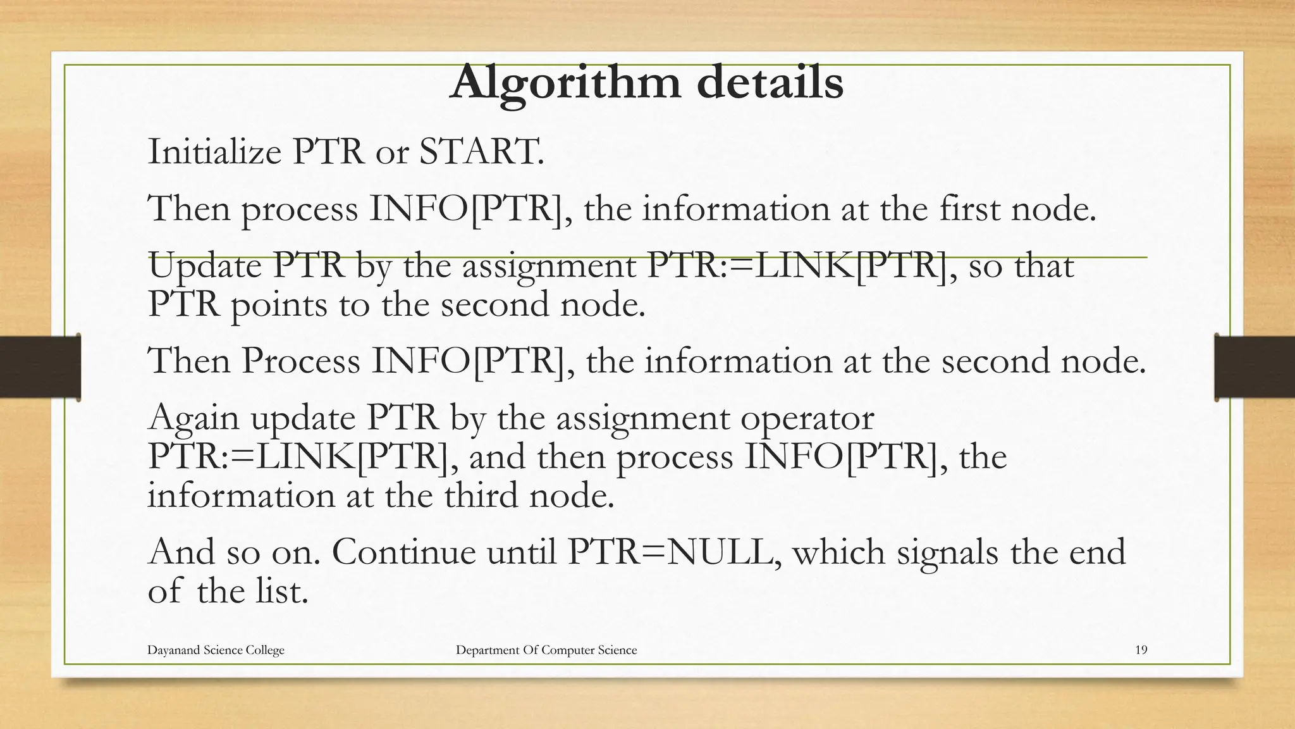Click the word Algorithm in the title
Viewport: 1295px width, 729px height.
pyautogui.click(x=565, y=83)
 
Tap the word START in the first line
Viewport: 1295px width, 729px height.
pyautogui.click(x=481, y=152)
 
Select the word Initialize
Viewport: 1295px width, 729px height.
pyautogui.click(x=214, y=152)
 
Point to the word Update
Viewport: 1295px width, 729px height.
pyautogui.click(x=205, y=266)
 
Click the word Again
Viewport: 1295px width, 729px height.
pyautogui.click(x=193, y=419)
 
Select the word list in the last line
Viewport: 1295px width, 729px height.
pyautogui.click(x=281, y=591)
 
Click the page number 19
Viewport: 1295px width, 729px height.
pyautogui.click(x=1141, y=650)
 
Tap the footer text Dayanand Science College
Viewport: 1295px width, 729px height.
pyautogui.click(x=216, y=650)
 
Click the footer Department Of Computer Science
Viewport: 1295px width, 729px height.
pyautogui.click(x=546, y=650)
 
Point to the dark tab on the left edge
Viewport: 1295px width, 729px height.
pyautogui.click(x=40, y=367)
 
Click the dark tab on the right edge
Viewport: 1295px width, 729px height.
pyautogui.click(x=1255, y=367)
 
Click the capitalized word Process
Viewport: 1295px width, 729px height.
pyautogui.click(x=300, y=362)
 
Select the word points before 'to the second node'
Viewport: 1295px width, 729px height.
pyautogui.click(x=279, y=305)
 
